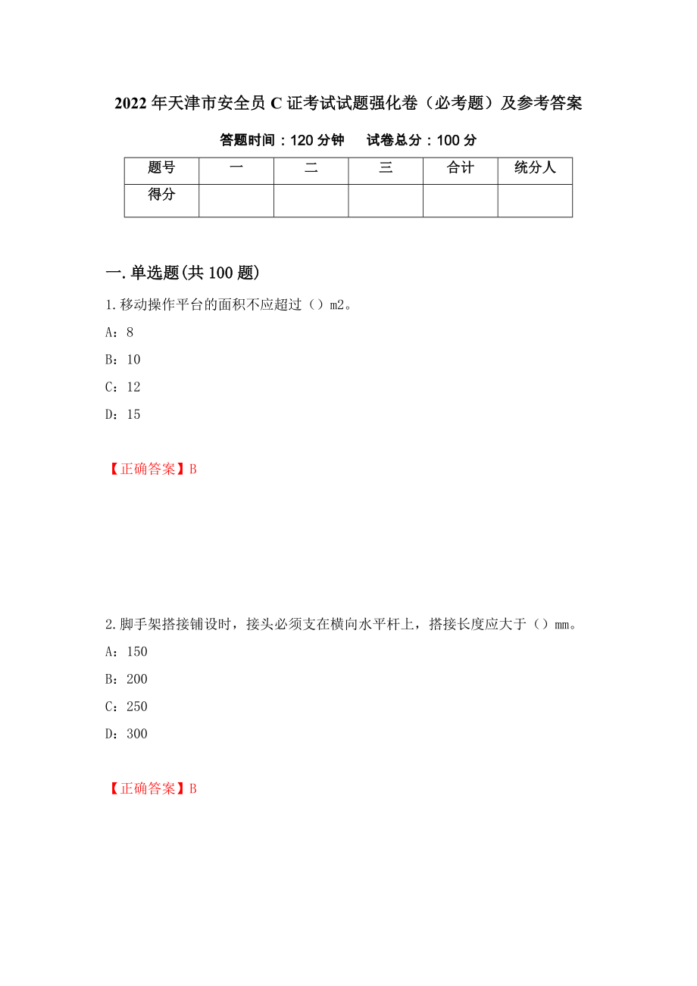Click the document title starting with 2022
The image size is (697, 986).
click(x=348, y=104)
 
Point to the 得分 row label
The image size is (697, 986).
click(x=161, y=195)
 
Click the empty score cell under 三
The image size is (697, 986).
click(x=386, y=201)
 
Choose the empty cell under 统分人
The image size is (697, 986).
click(x=535, y=201)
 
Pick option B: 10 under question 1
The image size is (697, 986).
click(x=123, y=360)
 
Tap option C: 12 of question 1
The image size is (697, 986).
click(x=123, y=387)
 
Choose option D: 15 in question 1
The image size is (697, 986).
click(x=123, y=414)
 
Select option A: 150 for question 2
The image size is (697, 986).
click(x=127, y=652)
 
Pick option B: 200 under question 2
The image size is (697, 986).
click(x=127, y=679)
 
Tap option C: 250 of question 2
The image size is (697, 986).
click(x=127, y=707)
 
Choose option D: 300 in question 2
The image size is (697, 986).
click(x=127, y=734)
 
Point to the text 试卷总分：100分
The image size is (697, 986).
click(x=421, y=140)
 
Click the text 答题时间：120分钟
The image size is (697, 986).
click(x=282, y=140)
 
